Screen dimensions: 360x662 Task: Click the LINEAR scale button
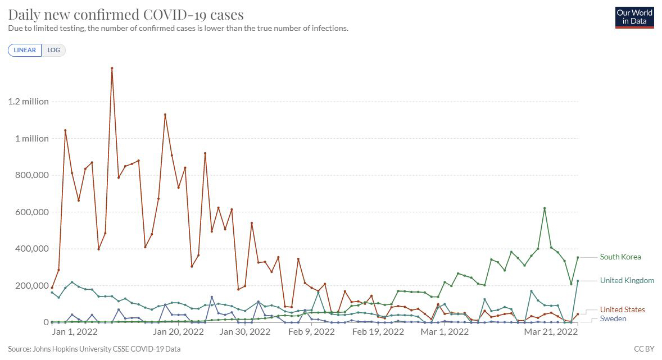point(25,50)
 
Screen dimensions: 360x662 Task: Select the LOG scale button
point(54,50)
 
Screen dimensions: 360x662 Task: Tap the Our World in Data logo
point(634,17)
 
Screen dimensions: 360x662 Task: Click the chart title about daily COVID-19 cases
point(126,14)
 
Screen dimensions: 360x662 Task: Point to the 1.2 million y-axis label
point(28,102)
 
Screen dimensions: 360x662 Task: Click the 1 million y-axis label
point(31,139)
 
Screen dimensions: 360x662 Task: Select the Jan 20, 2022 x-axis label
point(178,332)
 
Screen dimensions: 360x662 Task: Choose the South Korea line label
point(620,257)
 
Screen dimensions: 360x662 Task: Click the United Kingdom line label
point(627,281)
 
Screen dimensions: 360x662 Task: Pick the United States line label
point(622,310)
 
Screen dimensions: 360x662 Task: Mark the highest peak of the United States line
point(112,68)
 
